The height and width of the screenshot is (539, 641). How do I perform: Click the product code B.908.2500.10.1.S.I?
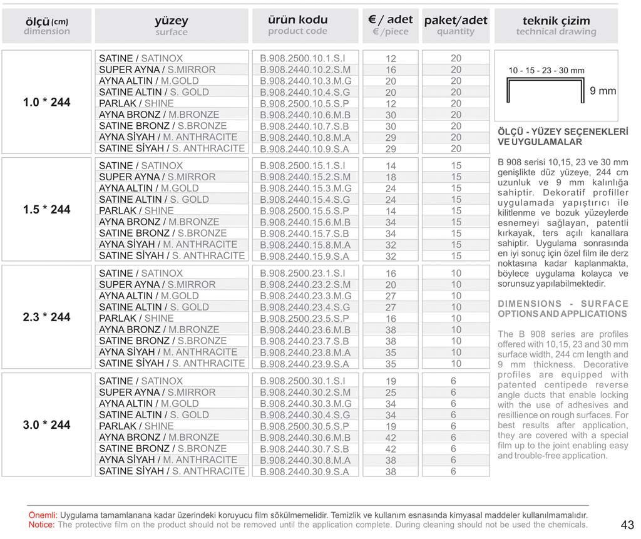pos(302,58)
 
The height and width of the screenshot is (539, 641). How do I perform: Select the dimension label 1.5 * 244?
pos(47,210)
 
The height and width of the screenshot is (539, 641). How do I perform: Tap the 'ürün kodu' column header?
pos(298,19)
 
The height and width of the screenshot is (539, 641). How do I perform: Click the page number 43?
pos(628,525)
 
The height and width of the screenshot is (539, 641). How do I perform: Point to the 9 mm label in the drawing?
pos(603,91)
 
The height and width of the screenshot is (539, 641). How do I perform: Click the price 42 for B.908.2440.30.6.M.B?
pos(391,438)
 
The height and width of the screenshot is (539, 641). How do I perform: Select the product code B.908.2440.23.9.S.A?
pos(304,364)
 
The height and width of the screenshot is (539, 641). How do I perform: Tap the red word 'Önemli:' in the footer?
pos(43,514)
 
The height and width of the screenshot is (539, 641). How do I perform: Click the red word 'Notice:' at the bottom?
pos(42,525)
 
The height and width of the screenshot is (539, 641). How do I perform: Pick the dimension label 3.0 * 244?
pos(47,425)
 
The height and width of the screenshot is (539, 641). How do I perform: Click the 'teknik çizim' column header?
pos(556,19)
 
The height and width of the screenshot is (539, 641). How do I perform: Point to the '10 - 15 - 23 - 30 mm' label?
pos(546,71)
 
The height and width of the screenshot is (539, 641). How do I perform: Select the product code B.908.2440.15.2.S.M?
pos(305,177)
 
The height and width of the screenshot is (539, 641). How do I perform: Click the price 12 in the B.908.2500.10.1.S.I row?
pos(391,58)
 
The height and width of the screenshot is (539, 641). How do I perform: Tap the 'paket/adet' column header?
pos(456,20)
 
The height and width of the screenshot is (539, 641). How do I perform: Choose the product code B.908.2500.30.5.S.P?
pos(304,426)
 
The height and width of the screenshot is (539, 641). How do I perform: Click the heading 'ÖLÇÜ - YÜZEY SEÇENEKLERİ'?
pos(562,132)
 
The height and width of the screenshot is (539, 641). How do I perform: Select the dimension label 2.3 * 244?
pos(47,317)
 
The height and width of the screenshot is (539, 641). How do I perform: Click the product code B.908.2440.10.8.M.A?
pos(305,137)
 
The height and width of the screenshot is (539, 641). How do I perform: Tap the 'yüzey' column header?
pos(171,21)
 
